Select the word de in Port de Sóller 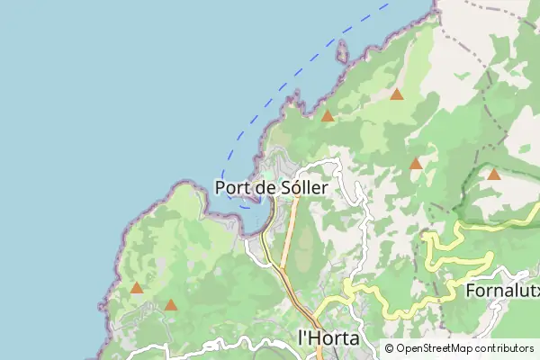[265, 187]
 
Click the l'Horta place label [328, 338]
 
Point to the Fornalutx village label [501, 291]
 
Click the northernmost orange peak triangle [397, 94]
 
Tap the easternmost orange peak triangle [493, 174]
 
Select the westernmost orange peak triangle [136, 288]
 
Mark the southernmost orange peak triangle [170, 305]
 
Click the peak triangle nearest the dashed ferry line [328, 115]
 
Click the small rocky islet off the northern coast [341, 51]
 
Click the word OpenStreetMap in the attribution [436, 348]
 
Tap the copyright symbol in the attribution [389, 348]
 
